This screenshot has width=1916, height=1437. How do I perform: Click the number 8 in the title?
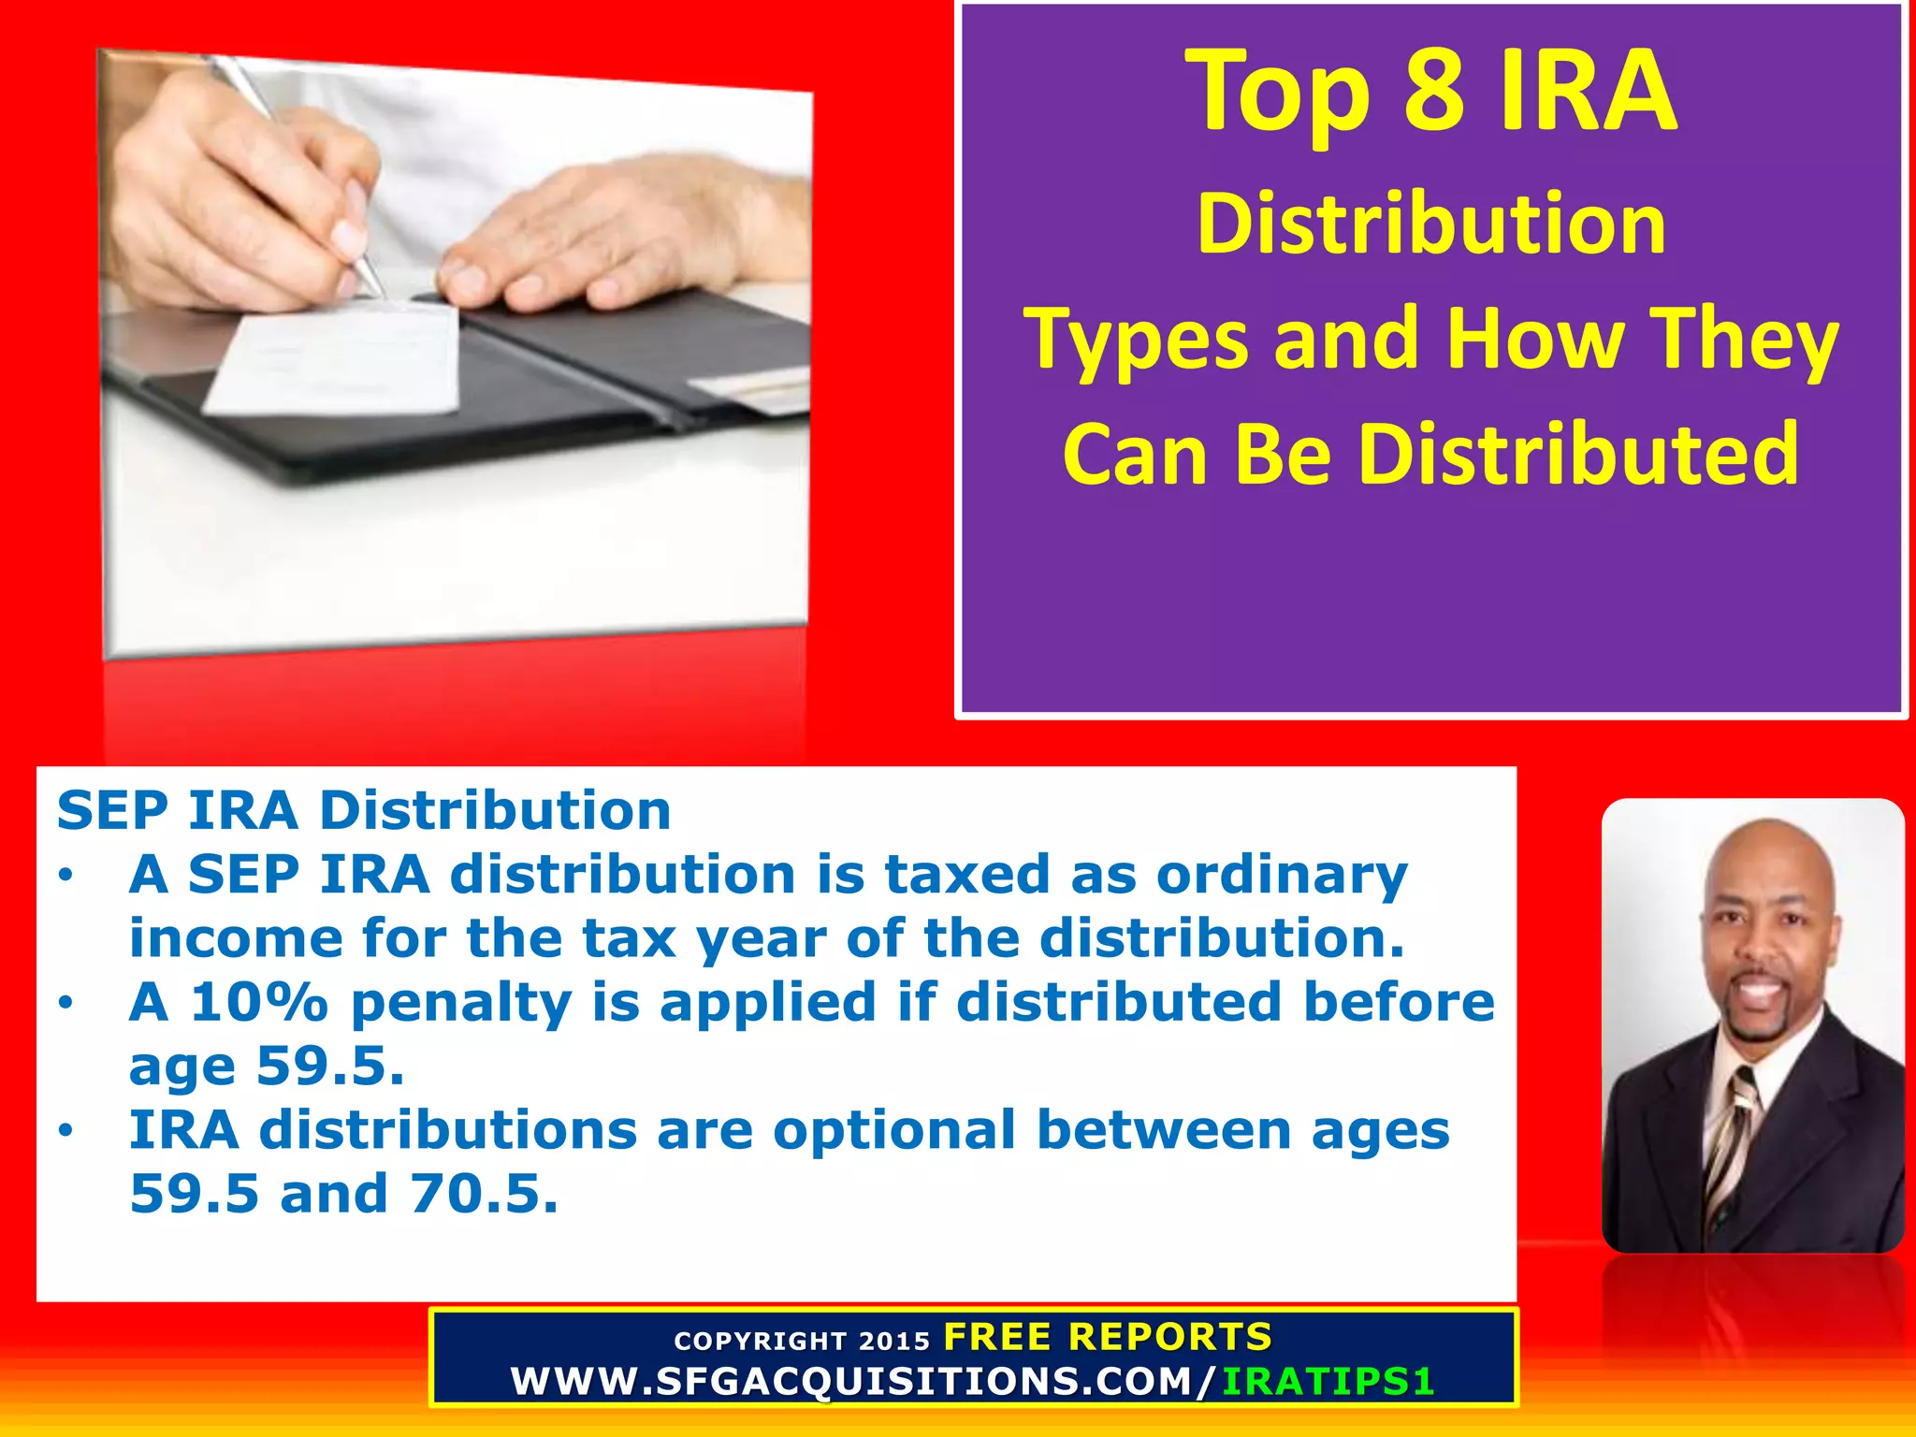[x=1433, y=92]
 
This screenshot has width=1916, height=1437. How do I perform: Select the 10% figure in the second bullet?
[x=259, y=1002]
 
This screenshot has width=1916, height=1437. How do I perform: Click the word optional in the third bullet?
[x=893, y=1130]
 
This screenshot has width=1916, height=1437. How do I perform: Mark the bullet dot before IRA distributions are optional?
[x=65, y=1131]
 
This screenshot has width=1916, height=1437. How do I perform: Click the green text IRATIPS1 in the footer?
[x=1328, y=1382]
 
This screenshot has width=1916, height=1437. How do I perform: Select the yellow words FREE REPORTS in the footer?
[x=1108, y=1337]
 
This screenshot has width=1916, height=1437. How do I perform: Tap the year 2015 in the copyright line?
[x=894, y=1342]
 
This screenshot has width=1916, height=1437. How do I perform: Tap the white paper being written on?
[x=337, y=360]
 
